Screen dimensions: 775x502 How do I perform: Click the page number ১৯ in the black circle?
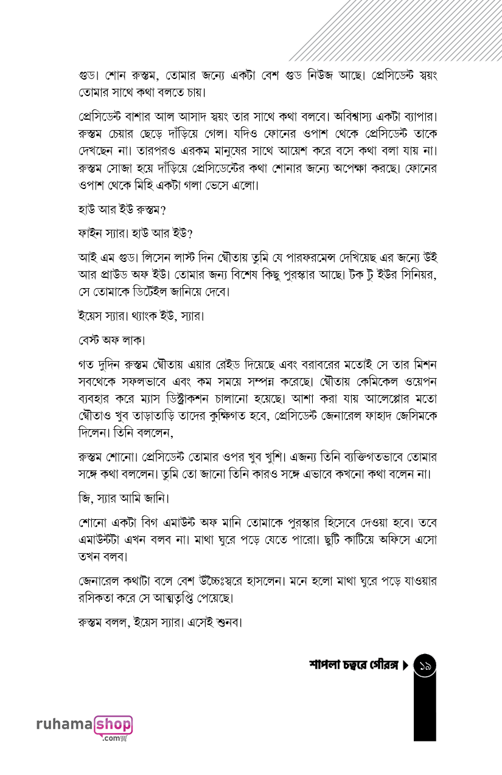(x=425, y=667)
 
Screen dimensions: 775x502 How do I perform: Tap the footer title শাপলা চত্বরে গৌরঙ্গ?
(x=353, y=666)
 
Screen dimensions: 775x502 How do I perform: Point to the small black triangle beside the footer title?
(x=405, y=666)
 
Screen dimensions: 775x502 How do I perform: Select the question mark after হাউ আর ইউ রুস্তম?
(x=164, y=210)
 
